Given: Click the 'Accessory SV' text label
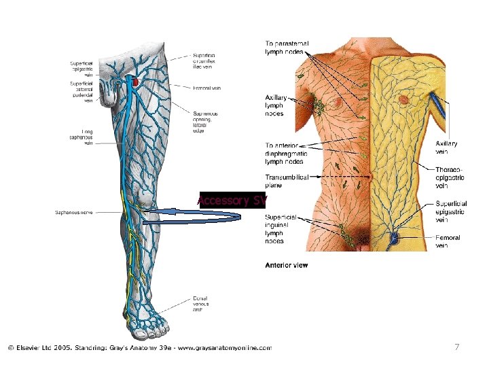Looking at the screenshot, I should (x=232, y=200).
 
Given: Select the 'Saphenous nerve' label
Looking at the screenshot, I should (x=74, y=213).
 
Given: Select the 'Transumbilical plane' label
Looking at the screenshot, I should (x=287, y=181).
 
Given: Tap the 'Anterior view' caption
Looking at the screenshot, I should (x=286, y=264).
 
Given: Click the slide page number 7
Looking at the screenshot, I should (x=457, y=348).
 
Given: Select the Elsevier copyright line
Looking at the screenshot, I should (x=139, y=348).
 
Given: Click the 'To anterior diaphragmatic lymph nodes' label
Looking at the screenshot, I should (x=286, y=154).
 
